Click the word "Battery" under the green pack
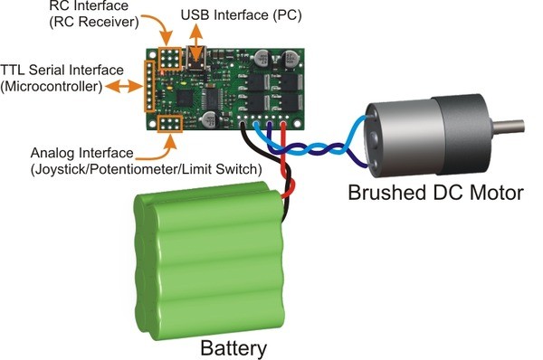click(x=233, y=348)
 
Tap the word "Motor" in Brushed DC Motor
click(x=494, y=193)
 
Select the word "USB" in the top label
click(x=195, y=14)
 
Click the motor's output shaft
click(x=508, y=127)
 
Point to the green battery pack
click(x=210, y=260)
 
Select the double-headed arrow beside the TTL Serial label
click(x=124, y=87)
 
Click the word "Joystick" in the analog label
click(x=56, y=170)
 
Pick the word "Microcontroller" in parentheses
click(x=52, y=87)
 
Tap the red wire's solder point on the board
click(x=283, y=124)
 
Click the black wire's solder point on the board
click(x=242, y=124)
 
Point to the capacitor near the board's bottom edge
click(x=210, y=119)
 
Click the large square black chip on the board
click(x=185, y=98)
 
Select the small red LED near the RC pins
click(x=161, y=73)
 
